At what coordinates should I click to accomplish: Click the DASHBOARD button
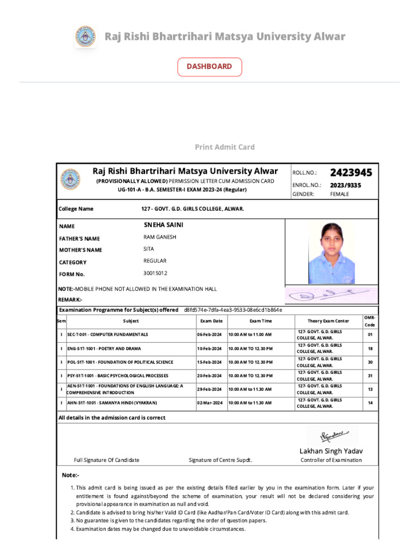(x=209, y=67)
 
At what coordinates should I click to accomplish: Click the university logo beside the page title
(x=85, y=37)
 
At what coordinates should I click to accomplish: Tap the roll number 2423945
(x=351, y=173)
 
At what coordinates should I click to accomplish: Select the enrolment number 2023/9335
(x=345, y=185)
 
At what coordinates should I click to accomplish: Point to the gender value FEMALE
(x=339, y=194)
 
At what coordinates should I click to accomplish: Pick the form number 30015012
(x=155, y=273)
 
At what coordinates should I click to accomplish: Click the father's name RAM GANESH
(x=160, y=237)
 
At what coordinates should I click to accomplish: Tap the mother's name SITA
(x=149, y=249)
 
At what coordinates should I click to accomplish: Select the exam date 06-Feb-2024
(x=209, y=334)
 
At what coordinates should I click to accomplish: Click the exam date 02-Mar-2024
(x=209, y=402)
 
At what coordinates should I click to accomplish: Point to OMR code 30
(x=370, y=362)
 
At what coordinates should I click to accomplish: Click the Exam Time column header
(x=260, y=321)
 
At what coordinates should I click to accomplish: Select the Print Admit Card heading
(x=225, y=147)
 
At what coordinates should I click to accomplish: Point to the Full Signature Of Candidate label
(x=106, y=460)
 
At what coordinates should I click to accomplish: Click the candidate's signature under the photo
(x=330, y=295)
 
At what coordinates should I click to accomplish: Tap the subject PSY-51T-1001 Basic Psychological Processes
(x=110, y=376)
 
